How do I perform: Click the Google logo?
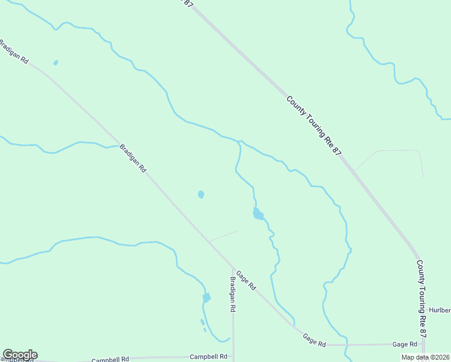(x=20, y=355)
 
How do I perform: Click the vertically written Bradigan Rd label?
(x=233, y=294)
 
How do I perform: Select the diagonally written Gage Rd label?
(x=246, y=280)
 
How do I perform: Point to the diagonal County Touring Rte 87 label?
(x=314, y=127)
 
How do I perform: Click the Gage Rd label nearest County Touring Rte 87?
(x=405, y=344)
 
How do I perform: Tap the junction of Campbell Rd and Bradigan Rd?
(x=233, y=357)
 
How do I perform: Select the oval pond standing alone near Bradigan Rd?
(x=201, y=194)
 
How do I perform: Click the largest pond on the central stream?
(x=258, y=214)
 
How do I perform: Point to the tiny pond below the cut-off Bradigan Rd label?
(x=55, y=62)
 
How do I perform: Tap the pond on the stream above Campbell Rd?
(x=206, y=298)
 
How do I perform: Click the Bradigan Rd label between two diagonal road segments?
(x=133, y=158)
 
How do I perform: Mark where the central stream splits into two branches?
(x=239, y=142)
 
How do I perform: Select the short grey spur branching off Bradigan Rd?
(x=223, y=236)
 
